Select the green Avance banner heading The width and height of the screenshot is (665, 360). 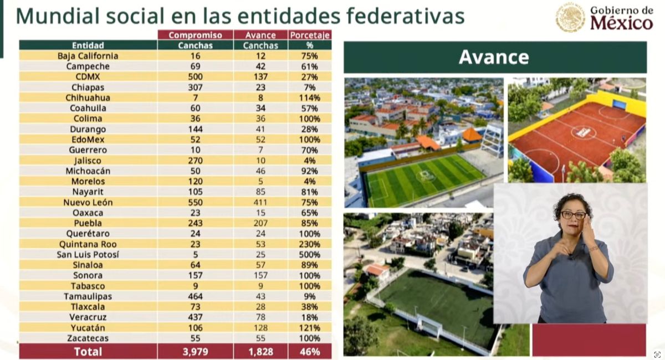pos(494,57)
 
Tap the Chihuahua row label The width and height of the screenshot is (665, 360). pos(88,97)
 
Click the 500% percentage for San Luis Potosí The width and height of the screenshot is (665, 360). pos(310,255)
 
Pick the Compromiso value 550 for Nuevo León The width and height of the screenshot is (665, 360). pos(195,202)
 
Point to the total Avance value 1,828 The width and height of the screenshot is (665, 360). pos(260,352)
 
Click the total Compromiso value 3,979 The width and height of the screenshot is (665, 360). pos(195,352)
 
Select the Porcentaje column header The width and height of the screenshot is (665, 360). pos(310,35)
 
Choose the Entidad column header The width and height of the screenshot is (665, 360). pos(88,45)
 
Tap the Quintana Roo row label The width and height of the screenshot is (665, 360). pos(88,244)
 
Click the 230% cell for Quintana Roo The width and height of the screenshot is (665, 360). pos(310,244)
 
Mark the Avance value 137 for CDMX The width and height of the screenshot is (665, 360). pos(260,76)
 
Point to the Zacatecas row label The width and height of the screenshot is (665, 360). pos(88,338)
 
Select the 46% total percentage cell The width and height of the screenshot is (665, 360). pos(310,352)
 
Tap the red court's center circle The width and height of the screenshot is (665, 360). pos(583,132)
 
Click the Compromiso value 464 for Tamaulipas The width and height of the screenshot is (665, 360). pos(195,296)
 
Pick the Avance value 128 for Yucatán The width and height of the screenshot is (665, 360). pos(260,327)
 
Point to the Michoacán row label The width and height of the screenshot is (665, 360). pos(88,171)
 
